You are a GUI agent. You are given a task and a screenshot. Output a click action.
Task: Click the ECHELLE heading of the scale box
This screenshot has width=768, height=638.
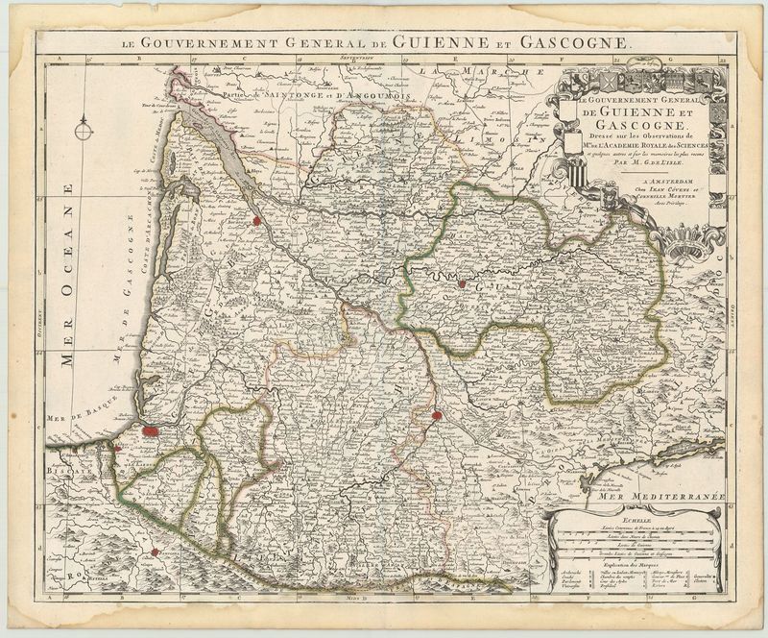click(x=635, y=519)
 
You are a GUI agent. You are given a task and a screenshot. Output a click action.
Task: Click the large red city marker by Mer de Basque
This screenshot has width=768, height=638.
click(x=151, y=431)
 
